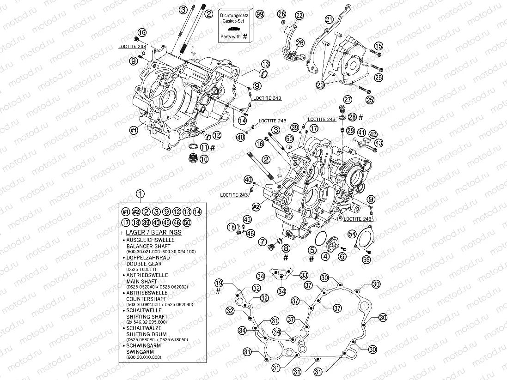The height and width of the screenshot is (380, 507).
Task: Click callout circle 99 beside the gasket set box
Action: (260, 14)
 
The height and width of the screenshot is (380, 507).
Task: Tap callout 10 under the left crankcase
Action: (204, 159)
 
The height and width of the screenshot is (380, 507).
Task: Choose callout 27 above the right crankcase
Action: (348, 99)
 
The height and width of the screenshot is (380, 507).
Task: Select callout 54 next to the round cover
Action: (352, 234)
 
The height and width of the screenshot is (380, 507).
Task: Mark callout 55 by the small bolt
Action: (366, 260)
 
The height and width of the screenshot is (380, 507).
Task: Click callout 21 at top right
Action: (329, 19)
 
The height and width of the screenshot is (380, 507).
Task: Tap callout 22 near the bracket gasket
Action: (299, 16)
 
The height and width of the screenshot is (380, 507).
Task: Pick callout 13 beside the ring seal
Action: (265, 64)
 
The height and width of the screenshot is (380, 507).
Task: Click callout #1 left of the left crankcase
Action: (134, 131)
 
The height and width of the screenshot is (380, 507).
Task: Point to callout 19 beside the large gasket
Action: (219, 283)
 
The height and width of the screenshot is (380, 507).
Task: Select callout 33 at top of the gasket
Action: (304, 275)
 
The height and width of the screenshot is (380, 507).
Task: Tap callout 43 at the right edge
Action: (379, 143)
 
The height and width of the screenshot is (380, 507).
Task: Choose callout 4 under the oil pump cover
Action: (325, 256)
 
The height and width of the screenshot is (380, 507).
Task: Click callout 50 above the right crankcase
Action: (290, 138)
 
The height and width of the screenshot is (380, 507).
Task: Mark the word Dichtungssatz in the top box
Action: (235, 16)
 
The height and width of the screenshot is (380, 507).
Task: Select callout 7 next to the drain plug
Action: (262, 241)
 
